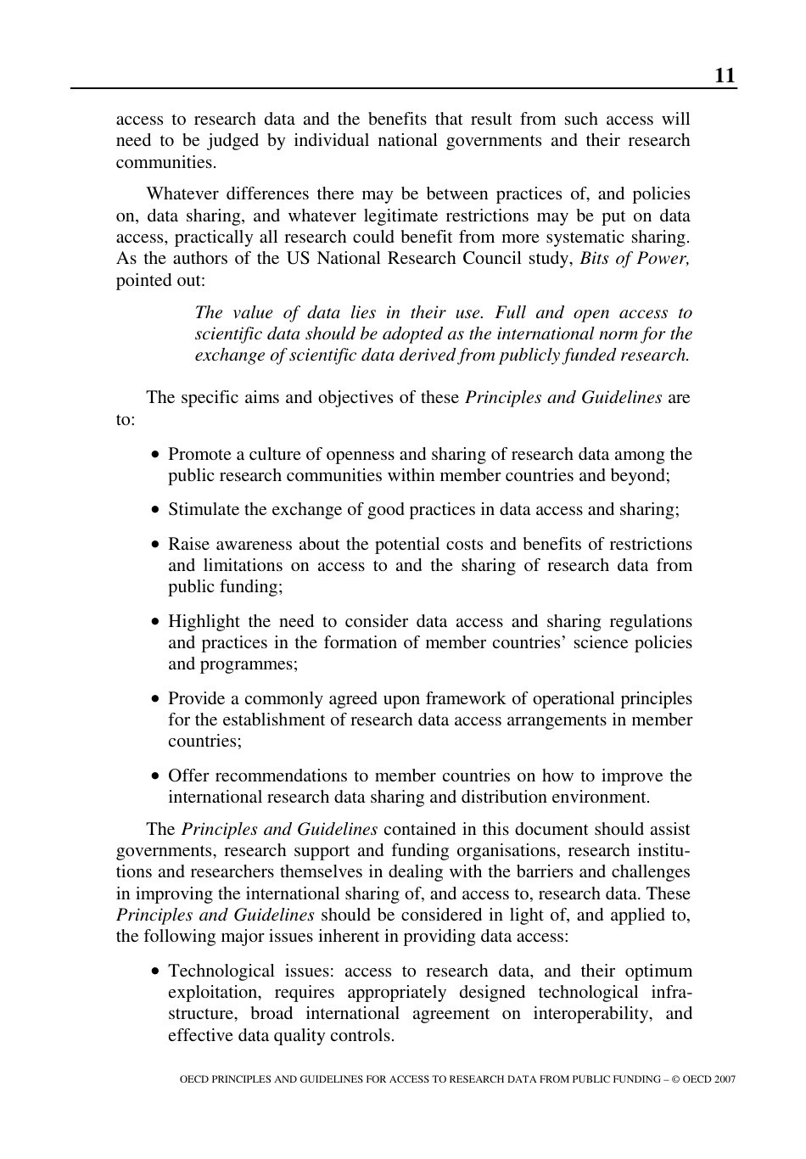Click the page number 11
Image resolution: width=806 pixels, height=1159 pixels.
pyautogui.click(x=725, y=76)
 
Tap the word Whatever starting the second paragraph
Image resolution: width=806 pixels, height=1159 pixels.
pyautogui.click(x=181, y=194)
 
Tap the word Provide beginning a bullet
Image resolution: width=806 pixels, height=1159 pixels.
pyautogui.click(x=196, y=699)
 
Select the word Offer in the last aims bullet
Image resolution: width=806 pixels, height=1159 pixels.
pyautogui.click(x=188, y=776)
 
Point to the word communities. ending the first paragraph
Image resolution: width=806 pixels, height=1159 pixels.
pyautogui.click(x=166, y=162)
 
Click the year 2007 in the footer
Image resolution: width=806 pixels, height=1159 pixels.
pyautogui.click(x=725, y=1079)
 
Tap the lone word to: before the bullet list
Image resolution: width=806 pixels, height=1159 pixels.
pyautogui.click(x=126, y=420)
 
